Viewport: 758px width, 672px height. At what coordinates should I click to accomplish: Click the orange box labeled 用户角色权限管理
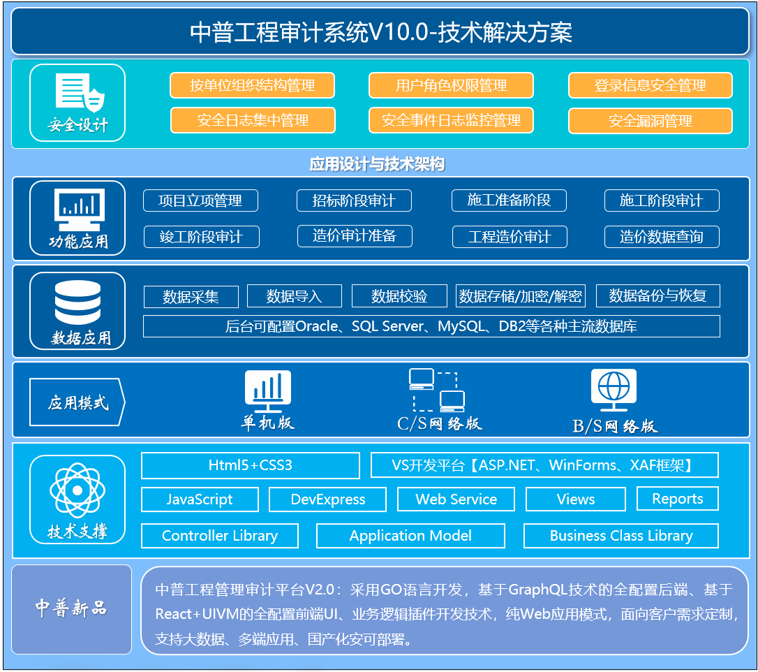(451, 86)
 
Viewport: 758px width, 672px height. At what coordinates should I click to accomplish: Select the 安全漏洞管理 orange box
(651, 121)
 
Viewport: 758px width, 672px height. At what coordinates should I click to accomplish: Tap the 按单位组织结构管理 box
(253, 86)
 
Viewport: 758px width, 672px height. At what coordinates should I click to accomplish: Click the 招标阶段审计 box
(354, 200)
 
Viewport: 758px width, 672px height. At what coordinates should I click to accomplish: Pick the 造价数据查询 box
(662, 237)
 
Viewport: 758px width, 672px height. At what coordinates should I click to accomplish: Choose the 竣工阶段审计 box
(202, 237)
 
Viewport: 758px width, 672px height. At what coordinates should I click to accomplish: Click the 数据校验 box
(399, 296)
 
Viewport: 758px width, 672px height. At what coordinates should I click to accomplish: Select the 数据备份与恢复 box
(658, 295)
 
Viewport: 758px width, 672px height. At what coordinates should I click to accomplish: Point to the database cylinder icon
(78, 302)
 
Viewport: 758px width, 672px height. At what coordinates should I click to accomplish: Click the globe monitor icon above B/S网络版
(614, 390)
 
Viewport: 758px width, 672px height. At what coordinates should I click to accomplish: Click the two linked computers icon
(437, 390)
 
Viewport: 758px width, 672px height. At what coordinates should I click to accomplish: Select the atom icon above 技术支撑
(77, 490)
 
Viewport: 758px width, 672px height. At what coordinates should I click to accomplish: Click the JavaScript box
(200, 499)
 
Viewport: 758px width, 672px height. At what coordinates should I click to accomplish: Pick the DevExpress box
(328, 499)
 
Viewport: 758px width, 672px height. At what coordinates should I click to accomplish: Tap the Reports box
(678, 499)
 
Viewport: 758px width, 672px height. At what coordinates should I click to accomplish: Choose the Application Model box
(410, 536)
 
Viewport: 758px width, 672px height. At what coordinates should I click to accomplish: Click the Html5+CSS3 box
(251, 465)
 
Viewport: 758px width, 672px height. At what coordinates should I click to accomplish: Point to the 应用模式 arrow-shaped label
(77, 402)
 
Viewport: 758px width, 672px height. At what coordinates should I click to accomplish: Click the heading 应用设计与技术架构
(377, 164)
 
